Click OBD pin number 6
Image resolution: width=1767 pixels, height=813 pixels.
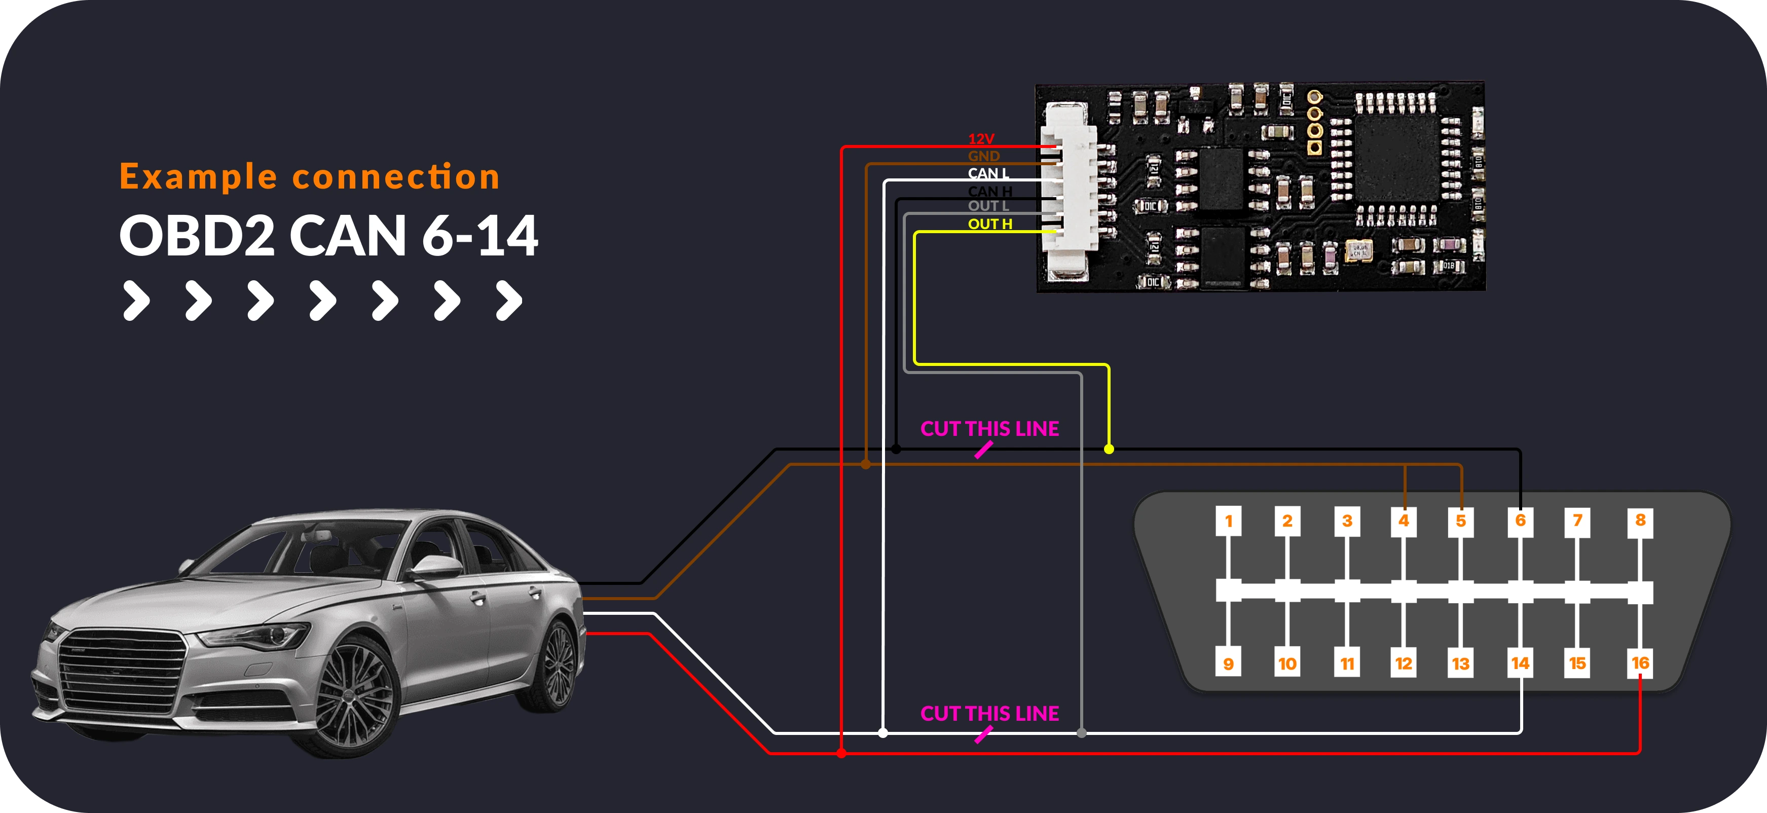click(x=1520, y=521)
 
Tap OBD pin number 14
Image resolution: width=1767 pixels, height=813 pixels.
click(x=1520, y=663)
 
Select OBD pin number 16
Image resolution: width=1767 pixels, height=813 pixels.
click(x=1639, y=663)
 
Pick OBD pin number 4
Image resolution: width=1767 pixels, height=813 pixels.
click(x=1404, y=521)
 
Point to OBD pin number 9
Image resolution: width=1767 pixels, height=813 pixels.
click(x=1228, y=663)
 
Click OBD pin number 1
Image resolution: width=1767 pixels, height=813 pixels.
click(x=1228, y=521)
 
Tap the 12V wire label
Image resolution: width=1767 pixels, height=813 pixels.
click(x=981, y=138)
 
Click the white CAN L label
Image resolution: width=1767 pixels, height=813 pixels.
click(x=988, y=173)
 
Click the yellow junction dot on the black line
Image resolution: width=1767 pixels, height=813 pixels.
click(x=1109, y=450)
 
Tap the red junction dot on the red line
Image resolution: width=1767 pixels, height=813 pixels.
click(x=841, y=753)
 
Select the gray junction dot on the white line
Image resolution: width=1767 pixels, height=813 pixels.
click(x=1082, y=733)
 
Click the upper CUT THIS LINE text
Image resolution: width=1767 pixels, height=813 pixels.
click(x=989, y=429)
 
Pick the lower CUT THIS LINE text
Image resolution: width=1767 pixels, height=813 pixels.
click(x=989, y=714)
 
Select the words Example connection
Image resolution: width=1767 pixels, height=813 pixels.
click(x=309, y=176)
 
